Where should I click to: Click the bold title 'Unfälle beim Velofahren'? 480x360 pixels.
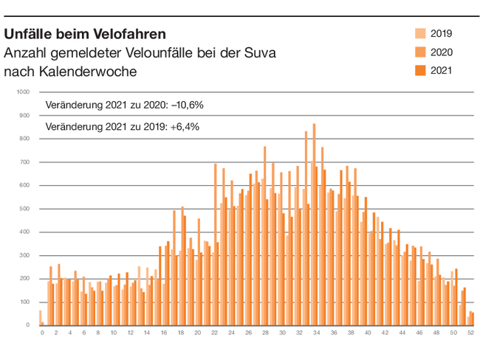point(85,34)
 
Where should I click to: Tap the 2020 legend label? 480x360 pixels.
point(441,52)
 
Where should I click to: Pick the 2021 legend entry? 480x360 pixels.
point(441,71)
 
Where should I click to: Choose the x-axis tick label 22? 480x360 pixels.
point(214,333)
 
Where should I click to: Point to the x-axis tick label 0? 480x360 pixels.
point(42,333)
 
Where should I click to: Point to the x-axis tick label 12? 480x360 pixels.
point(130,333)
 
